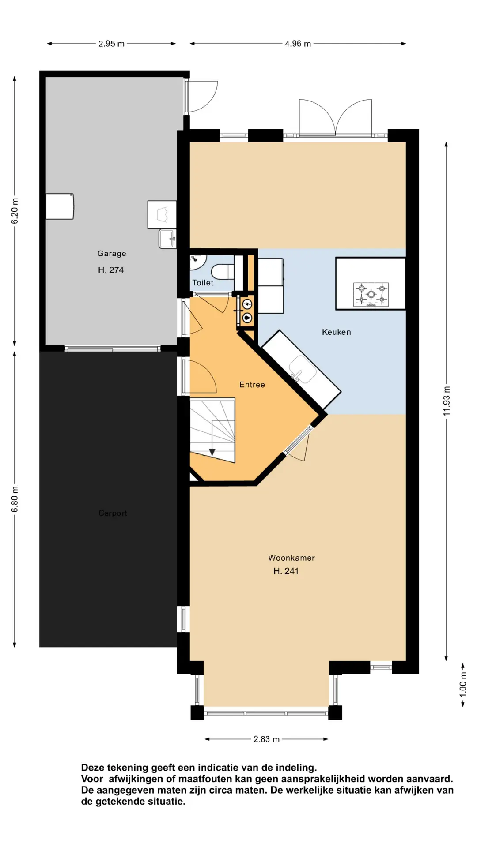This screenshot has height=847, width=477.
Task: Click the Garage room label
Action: click(x=112, y=254)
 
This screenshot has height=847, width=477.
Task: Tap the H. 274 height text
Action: click(x=111, y=270)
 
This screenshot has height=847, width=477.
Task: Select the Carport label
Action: click(x=113, y=513)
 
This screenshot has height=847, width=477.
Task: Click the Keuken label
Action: click(x=337, y=332)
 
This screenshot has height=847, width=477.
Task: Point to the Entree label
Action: click(x=252, y=385)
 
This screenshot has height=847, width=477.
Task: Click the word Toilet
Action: click(x=203, y=283)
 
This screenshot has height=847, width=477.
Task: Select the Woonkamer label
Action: click(x=291, y=558)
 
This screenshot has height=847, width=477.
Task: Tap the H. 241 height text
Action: click(x=286, y=571)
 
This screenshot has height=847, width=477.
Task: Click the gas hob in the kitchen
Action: click(x=371, y=295)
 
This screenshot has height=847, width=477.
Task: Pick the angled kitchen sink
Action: click(x=303, y=369)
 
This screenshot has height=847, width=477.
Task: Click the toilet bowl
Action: click(x=223, y=272)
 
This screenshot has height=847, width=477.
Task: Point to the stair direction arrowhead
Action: click(x=212, y=452)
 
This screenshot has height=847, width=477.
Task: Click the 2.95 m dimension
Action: click(x=111, y=44)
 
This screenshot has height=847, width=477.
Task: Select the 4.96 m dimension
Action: click(x=298, y=44)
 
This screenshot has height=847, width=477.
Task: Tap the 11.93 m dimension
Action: click(x=447, y=401)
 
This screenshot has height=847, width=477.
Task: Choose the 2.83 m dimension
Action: click(x=267, y=739)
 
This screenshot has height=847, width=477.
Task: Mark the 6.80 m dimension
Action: click(x=15, y=499)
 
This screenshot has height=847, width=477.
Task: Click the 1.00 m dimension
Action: click(x=463, y=685)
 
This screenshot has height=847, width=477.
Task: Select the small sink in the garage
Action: click(x=167, y=239)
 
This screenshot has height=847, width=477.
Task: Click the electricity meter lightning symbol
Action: click(x=247, y=304)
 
